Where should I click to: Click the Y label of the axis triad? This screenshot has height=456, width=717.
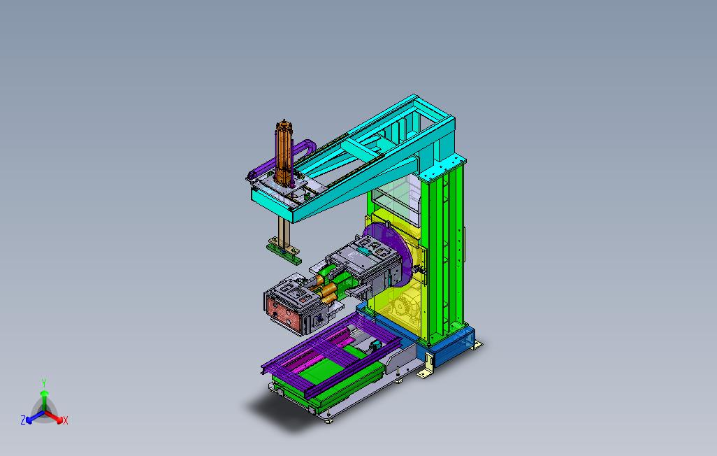coord(44,383)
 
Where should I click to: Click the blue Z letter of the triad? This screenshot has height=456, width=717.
coord(23,420)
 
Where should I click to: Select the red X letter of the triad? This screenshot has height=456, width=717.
coord(65,420)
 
